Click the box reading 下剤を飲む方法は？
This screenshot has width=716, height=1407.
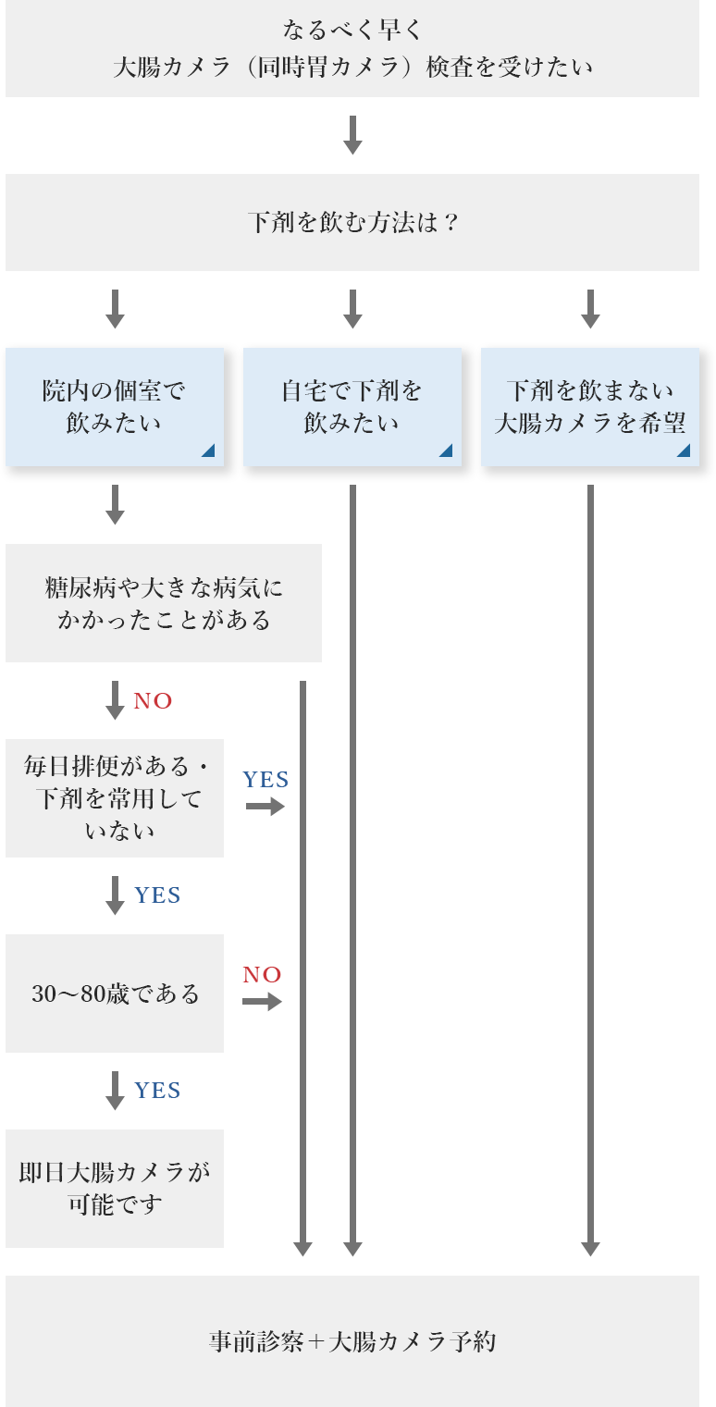[x=352, y=223]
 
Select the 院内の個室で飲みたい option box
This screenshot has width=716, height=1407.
[x=115, y=407]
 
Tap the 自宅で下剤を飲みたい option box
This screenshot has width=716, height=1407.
[x=352, y=407]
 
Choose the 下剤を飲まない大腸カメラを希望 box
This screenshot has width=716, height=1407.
[x=590, y=407]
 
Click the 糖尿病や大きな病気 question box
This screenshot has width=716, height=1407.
[x=164, y=603]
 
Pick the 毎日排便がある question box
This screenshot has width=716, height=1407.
[x=115, y=797]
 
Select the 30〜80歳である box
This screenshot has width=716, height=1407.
[x=115, y=994]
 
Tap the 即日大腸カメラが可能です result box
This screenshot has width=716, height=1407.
[x=115, y=1189]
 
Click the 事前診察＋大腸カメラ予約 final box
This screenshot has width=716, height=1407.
[x=352, y=1341]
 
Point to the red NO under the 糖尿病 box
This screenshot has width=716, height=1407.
[x=153, y=701]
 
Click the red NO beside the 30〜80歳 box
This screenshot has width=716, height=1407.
[x=262, y=974]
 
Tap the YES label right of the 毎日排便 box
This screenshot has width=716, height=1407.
[x=265, y=780]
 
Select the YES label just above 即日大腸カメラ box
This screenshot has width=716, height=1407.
[x=157, y=1091]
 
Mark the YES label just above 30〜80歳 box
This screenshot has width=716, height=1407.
[x=157, y=895]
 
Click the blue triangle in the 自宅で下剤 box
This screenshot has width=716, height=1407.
[x=446, y=450]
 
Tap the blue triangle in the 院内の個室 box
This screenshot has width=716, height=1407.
[x=208, y=450]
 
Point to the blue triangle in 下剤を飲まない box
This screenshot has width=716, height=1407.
[x=684, y=450]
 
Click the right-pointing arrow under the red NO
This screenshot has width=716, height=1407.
[x=263, y=1002]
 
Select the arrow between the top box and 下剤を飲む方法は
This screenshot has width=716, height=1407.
[x=352, y=135]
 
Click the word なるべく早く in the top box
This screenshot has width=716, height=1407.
[x=352, y=31]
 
